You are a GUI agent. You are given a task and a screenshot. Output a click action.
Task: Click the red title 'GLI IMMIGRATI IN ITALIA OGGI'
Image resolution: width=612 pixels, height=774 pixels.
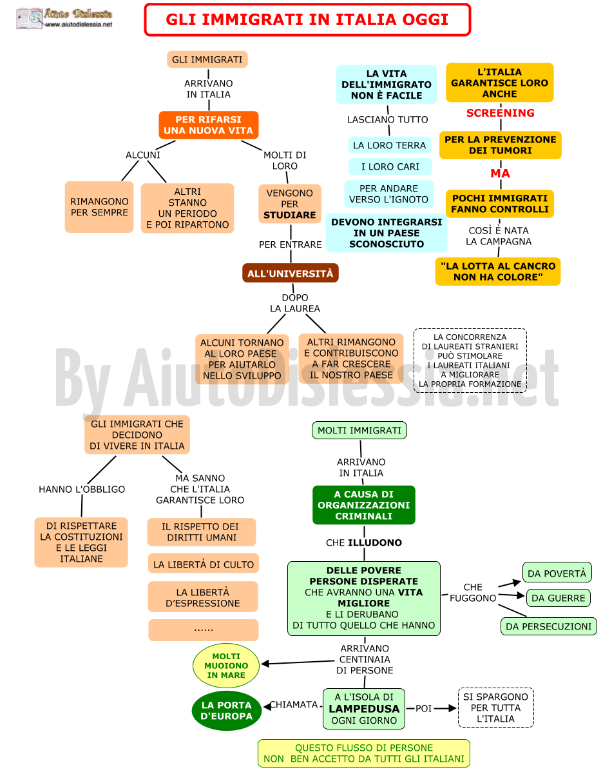pos(307,19)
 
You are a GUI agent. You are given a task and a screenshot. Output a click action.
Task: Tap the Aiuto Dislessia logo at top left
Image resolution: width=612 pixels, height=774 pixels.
pos(64,18)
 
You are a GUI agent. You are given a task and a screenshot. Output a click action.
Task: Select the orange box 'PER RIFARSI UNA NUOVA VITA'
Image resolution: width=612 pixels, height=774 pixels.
pos(209,124)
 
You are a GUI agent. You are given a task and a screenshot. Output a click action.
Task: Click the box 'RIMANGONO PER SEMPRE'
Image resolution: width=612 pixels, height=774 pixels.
pos(99,207)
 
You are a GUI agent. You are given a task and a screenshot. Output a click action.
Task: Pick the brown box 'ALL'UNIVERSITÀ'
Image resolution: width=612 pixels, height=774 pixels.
pos(291,273)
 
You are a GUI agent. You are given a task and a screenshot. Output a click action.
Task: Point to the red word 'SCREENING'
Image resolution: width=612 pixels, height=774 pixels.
pos(501,113)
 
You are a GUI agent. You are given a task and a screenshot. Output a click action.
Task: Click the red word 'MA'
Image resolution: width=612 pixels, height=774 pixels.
pos(501,174)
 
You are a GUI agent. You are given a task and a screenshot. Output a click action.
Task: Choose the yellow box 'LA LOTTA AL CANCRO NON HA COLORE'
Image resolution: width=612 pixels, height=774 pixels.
pos(498,272)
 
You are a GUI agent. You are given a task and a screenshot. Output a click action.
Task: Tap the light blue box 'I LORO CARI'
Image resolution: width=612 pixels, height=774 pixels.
pos(390,166)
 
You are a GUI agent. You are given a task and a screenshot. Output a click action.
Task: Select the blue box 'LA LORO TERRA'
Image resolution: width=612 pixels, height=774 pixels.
pos(390,145)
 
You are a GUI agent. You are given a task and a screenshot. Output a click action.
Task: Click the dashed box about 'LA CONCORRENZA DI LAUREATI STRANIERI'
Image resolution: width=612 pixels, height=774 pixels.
pos(470,361)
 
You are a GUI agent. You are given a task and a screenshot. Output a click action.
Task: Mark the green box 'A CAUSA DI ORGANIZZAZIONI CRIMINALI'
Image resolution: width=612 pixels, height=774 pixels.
pos(364,505)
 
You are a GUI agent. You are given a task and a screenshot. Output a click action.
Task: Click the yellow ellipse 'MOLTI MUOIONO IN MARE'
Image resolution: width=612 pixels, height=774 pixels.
pos(226,666)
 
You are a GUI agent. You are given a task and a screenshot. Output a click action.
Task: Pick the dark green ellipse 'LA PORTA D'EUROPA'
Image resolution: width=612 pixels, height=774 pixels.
pos(226,711)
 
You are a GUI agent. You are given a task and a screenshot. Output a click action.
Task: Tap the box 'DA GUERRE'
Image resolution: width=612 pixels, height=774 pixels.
pos(558,598)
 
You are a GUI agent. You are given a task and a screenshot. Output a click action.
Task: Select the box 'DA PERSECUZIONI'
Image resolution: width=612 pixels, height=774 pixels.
pos(548,626)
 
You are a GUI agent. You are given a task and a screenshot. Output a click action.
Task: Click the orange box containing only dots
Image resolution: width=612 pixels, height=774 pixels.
pos(204,630)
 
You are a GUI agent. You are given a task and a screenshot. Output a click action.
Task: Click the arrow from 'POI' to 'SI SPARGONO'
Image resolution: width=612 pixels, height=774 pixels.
pos(445,709)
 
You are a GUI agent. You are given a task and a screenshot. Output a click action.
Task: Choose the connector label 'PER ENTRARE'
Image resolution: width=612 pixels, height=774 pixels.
pos(291,244)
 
